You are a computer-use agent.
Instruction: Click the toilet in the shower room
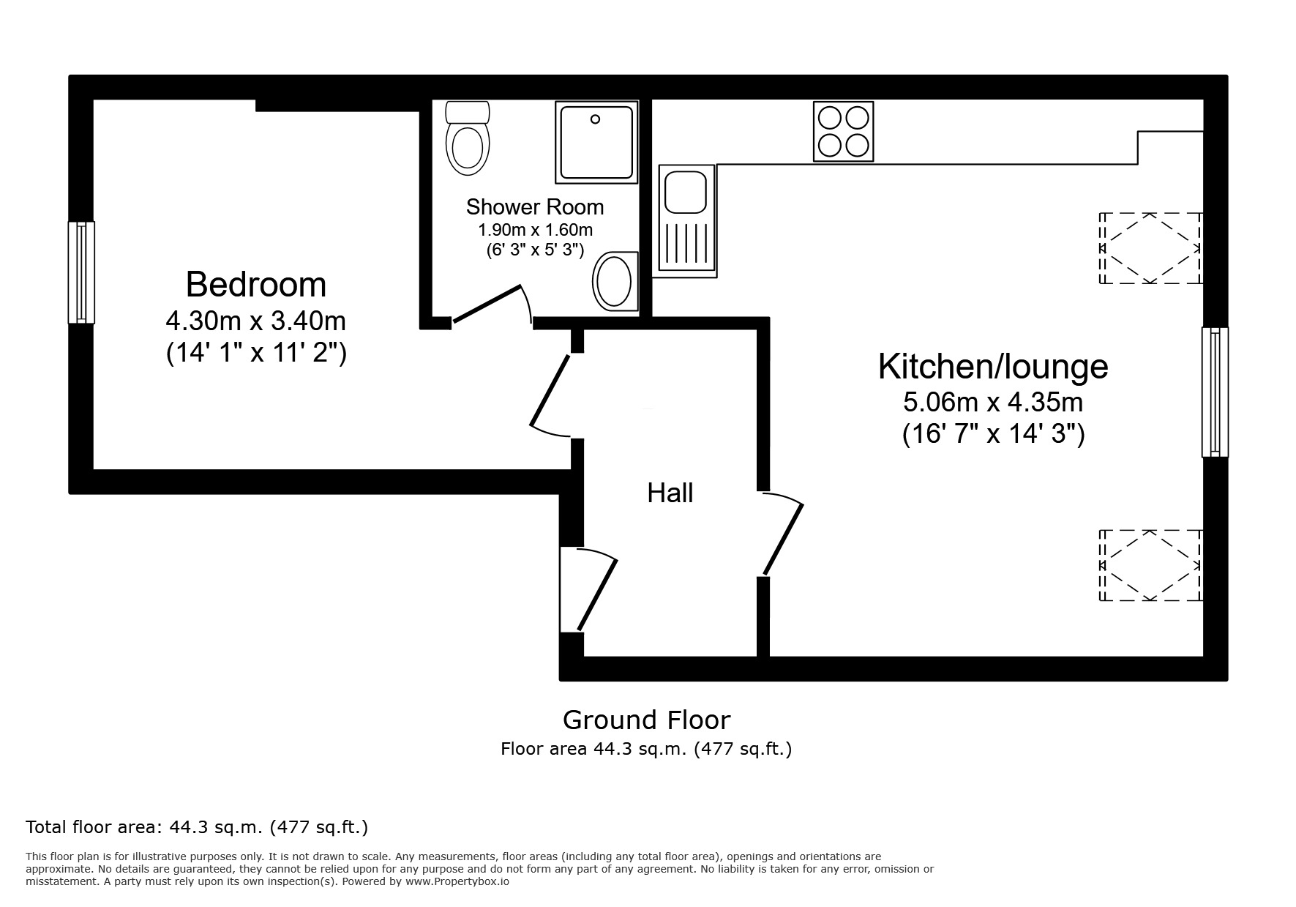pyautogui.click(x=468, y=138)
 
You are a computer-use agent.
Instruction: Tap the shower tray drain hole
pyautogui.click(x=595, y=119)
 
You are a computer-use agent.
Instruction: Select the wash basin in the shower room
pyautogui.click(x=614, y=282)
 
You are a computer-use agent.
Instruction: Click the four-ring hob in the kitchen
pyautogui.click(x=843, y=132)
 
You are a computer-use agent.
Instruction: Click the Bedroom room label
pyautogui.click(x=255, y=284)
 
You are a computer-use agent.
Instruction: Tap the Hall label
pyautogui.click(x=670, y=493)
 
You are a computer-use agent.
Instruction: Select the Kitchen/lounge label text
pyautogui.click(x=992, y=366)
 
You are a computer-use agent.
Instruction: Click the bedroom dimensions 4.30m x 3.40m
pyautogui.click(x=255, y=321)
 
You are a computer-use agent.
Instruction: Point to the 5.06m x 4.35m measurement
pyautogui.click(x=992, y=402)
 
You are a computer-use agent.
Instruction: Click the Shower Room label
pyautogui.click(x=535, y=207)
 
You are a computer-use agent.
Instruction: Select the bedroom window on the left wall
pyautogui.click(x=81, y=272)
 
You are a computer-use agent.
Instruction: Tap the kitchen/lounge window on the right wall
pyautogui.click(x=1215, y=392)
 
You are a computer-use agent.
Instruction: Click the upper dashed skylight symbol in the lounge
pyautogui.click(x=1150, y=248)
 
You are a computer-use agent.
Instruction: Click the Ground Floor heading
pyautogui.click(x=646, y=720)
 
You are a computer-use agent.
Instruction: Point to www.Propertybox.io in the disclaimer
pyautogui.click(x=457, y=882)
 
